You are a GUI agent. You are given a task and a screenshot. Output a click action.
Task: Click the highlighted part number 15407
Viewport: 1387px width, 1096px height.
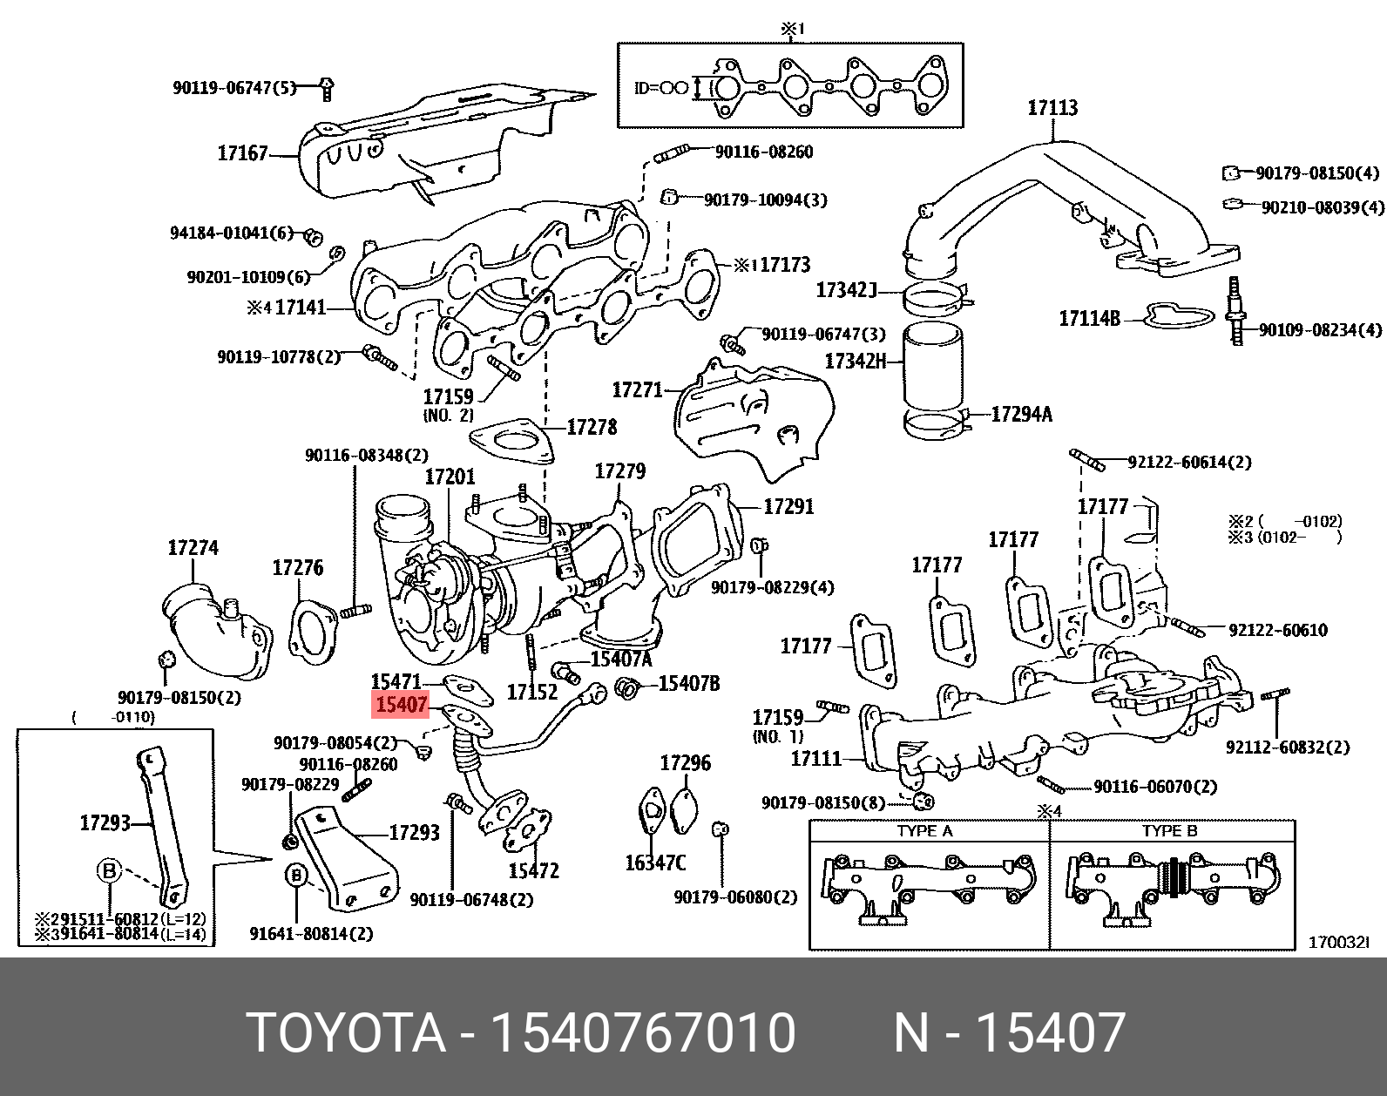(x=401, y=704)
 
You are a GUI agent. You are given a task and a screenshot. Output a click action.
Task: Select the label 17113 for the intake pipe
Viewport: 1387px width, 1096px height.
(x=1052, y=108)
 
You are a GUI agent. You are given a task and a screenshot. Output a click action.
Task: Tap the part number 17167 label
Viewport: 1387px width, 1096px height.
(x=242, y=153)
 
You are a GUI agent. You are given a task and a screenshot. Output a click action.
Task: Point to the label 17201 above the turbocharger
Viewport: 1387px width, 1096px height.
(x=450, y=477)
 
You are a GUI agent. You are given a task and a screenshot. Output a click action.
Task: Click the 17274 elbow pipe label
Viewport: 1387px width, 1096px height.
(x=193, y=548)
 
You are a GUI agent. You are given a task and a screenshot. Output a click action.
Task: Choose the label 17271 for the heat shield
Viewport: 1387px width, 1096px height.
(x=638, y=389)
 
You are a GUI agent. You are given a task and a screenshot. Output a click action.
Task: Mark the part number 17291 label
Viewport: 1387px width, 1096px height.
(x=788, y=506)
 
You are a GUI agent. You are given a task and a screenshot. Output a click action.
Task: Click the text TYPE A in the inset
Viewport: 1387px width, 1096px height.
(x=924, y=831)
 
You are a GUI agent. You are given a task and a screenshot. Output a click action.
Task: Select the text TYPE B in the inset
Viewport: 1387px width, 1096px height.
(x=1169, y=831)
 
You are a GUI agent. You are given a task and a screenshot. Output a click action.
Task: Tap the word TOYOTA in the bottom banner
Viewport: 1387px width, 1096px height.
(x=346, y=1033)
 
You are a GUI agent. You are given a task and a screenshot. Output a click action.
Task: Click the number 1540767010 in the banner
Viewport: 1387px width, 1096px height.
(x=643, y=1033)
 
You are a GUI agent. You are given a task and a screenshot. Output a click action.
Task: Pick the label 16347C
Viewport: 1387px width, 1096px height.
(x=655, y=863)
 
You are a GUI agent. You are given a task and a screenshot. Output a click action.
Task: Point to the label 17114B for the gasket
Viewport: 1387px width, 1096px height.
(x=1089, y=319)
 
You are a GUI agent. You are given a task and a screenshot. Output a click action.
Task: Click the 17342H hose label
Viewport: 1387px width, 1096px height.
(x=855, y=361)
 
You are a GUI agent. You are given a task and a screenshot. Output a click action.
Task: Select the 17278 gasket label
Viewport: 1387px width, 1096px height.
(x=592, y=427)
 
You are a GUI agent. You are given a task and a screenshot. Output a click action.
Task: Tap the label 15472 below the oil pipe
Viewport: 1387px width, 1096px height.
(x=533, y=870)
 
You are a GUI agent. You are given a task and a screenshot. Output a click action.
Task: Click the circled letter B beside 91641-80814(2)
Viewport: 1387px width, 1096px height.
(x=297, y=875)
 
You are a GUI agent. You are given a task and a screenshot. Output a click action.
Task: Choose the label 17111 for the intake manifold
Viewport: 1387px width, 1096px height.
(x=815, y=759)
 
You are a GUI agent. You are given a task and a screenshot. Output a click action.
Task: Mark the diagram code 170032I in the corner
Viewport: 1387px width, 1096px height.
(x=1339, y=943)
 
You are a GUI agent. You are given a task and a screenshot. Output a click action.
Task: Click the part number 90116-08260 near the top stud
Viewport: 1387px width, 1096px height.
(x=763, y=152)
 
